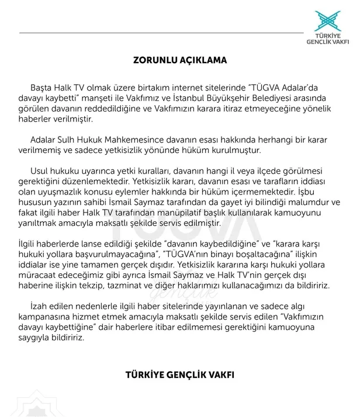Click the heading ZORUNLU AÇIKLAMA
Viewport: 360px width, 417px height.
point(179,60)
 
